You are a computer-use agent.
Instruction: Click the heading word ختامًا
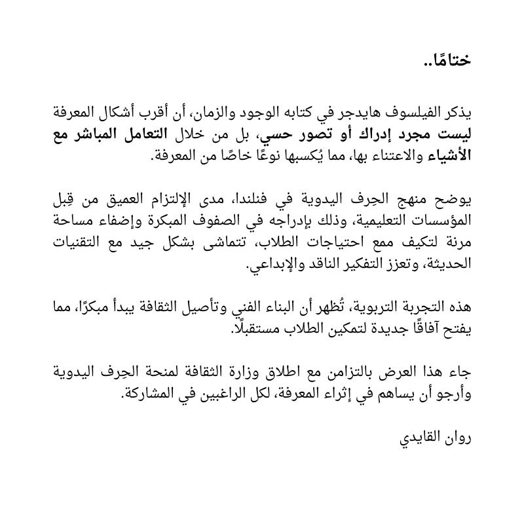pos(448,62)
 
